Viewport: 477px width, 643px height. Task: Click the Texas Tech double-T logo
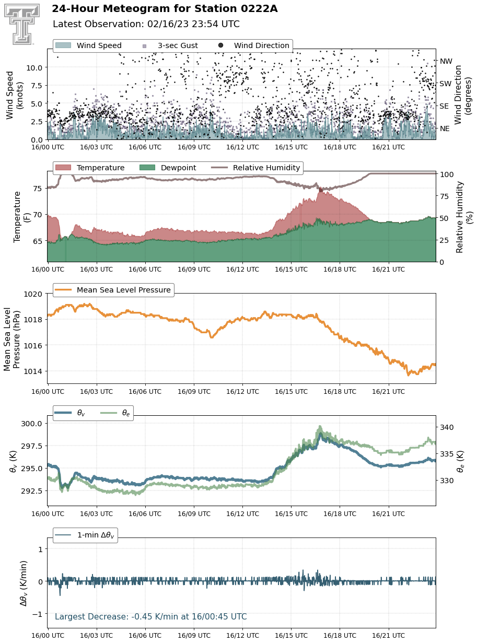22,24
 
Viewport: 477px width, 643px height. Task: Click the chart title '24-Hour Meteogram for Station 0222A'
165,9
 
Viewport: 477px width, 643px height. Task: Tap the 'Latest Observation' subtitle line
146,24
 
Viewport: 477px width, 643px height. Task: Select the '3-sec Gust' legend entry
170,45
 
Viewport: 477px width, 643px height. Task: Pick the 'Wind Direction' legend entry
253,45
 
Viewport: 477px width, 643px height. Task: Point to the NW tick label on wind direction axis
446,61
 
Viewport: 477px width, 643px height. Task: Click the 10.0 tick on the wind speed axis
34,68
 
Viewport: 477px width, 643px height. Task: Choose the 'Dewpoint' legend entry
168,168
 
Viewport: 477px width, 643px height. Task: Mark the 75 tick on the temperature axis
38,189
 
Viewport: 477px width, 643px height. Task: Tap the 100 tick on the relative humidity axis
447,174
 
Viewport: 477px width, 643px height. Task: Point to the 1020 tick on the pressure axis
32,294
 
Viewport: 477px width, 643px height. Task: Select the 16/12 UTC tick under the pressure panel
242,391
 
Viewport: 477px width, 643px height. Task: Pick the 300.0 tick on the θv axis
31,424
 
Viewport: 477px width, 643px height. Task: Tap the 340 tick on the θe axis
447,427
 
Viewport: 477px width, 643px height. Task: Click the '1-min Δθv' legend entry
85,535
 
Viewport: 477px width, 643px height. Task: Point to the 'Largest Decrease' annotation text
150,616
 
